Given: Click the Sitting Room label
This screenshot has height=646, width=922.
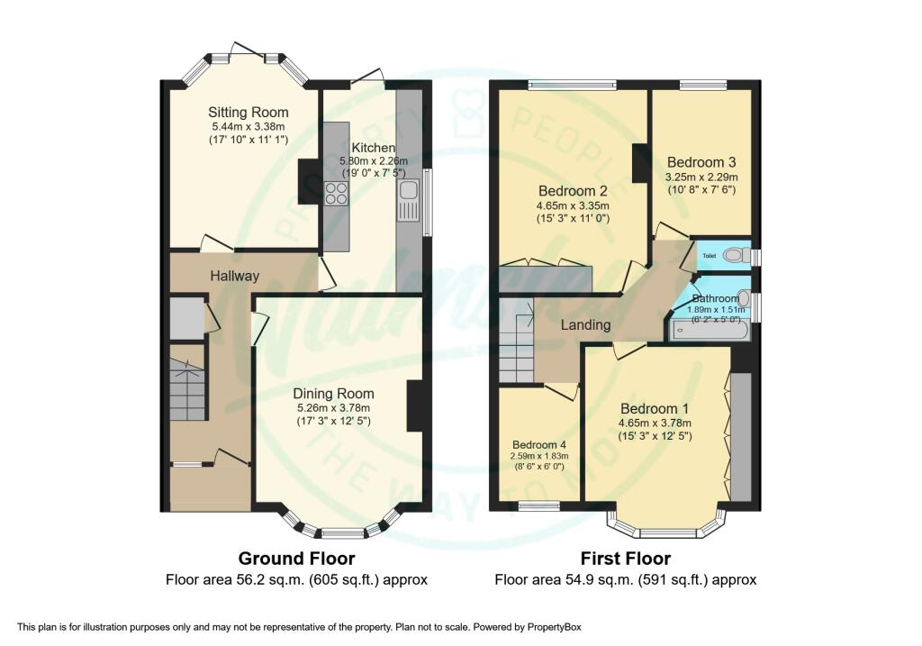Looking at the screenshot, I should point(248,113).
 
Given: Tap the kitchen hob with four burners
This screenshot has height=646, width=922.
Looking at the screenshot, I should point(337,193).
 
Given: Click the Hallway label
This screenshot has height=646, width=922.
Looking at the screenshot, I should point(234,277).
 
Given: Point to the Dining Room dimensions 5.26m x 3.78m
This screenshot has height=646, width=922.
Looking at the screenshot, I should point(333,408).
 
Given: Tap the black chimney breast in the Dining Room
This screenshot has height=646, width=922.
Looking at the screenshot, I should point(415,406).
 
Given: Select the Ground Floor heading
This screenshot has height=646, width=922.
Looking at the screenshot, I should point(296,559).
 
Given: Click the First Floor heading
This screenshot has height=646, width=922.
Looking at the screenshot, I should point(625,559).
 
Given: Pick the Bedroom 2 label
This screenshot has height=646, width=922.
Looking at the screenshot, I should point(572,191).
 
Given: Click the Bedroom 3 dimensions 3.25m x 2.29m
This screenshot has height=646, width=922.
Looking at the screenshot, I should point(701,177).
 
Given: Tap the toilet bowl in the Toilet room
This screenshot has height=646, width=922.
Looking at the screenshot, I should point(736,256).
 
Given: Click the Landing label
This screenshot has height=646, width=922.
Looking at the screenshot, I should point(587,324).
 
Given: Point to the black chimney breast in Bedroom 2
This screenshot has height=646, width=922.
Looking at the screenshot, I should point(640,164).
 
